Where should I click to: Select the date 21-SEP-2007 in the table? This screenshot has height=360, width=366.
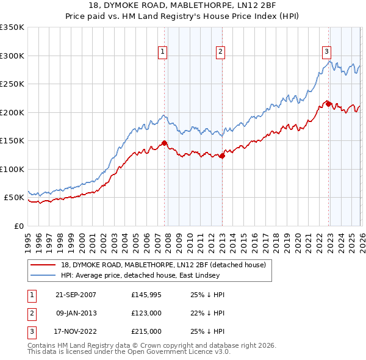click(76, 295)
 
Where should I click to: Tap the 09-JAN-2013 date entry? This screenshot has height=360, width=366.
click(76, 313)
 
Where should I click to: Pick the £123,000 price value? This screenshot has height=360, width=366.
click(146, 313)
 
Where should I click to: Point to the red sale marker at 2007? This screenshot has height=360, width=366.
click(164, 143)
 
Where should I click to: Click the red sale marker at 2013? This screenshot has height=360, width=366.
click(221, 156)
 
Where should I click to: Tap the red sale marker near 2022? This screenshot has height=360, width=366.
click(328, 104)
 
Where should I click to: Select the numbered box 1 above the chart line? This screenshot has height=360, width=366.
click(163, 52)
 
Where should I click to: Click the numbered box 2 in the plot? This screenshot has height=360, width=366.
click(220, 52)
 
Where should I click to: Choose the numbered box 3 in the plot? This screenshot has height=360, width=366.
click(326, 52)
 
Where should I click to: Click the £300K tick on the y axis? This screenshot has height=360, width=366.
click(12, 56)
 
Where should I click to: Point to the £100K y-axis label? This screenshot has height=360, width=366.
click(12, 169)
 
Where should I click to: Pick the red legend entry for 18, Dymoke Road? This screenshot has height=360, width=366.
click(163, 265)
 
